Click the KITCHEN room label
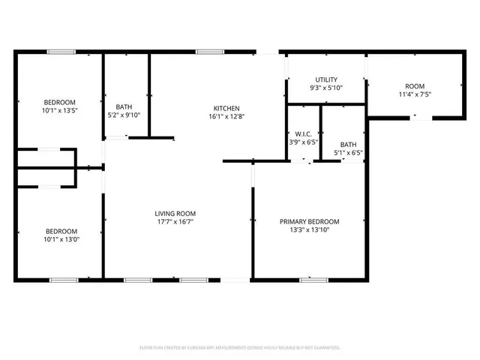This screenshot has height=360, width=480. coord(226,108)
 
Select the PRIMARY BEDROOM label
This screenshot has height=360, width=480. coord(309,221)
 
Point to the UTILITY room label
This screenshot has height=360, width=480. coord(325,79)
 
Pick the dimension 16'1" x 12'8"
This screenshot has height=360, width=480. coord(226,116)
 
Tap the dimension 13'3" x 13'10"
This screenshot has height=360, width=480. coord(309,229)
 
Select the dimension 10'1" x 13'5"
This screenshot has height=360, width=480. coord(59,110)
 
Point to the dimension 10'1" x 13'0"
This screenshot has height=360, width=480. coord(59,239)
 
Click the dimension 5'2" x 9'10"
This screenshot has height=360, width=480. coord(124,115)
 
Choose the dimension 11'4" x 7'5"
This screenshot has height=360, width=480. coord(415,94)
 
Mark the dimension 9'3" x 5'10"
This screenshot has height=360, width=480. coord(325,88)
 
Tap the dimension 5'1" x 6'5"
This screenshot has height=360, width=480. coord(348,153)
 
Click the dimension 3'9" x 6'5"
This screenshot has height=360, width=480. coord(303,142)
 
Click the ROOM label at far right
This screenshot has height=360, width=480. coord(415,86)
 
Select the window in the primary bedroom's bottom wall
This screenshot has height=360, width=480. coord(313,280)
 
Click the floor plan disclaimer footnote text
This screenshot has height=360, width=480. coord(240,348)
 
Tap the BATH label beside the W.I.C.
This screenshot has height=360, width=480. coord(348,145)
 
